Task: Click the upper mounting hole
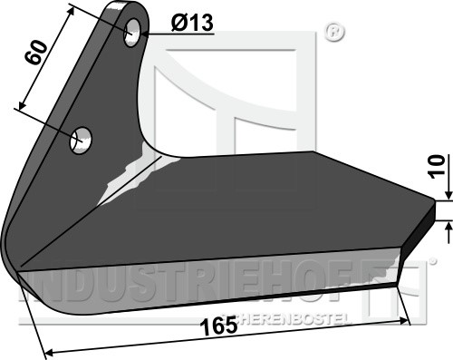132,33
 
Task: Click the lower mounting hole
81,141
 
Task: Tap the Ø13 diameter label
192,23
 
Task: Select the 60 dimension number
36,53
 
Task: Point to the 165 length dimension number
219,326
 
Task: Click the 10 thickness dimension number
438,167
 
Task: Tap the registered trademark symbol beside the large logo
334,32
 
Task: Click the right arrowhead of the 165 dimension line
404,321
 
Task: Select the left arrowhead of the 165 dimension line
49,353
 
